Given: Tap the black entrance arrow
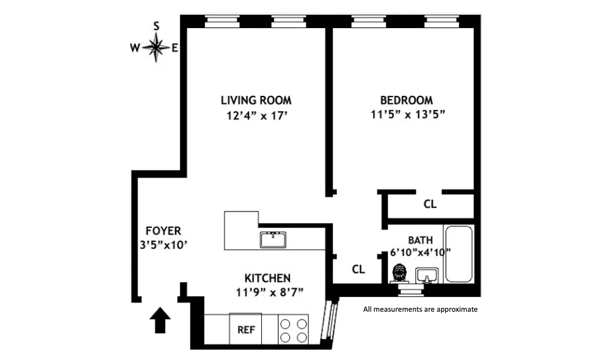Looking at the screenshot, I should coord(160,320).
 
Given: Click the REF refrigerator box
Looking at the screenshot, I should coord(246,329).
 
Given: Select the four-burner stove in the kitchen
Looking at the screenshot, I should coord(294,329).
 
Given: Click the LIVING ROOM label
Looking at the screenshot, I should coord(256,100).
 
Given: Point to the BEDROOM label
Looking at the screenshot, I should coord(406,100).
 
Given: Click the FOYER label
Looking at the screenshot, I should coord(163,231).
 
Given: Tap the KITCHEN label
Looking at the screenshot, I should coord(267,277).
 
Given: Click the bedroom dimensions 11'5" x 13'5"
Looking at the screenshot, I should coord(407,114).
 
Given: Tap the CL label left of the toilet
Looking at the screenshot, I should coord(358,269).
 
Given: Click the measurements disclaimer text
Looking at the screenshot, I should coord(420,309).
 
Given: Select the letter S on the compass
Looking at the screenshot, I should coord(157,26).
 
